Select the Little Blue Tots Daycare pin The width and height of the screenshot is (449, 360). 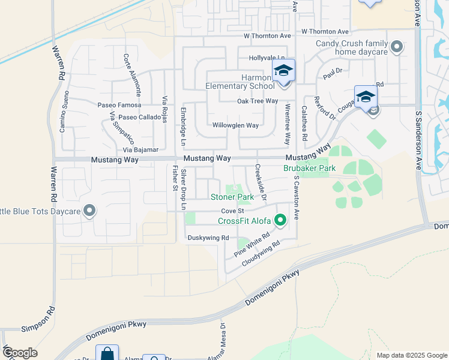[x=89, y=210]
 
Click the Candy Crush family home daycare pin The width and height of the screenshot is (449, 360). [x=396, y=46]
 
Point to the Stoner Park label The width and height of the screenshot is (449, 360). [x=232, y=197]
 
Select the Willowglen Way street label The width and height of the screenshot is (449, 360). [x=235, y=125]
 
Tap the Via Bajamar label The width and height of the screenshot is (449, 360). [x=140, y=149]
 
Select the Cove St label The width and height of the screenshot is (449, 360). [x=232, y=211]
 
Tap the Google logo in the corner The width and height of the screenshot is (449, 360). [x=20, y=353]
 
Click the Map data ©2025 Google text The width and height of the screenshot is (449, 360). [x=411, y=355]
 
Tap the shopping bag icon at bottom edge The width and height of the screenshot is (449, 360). [x=107, y=354]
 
